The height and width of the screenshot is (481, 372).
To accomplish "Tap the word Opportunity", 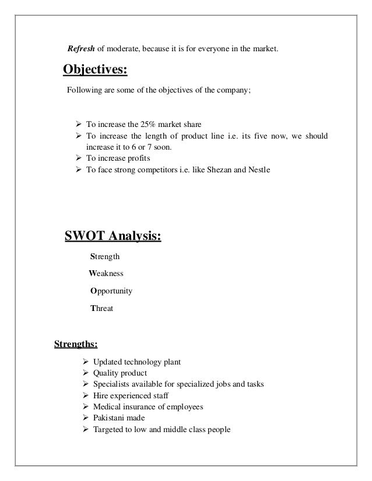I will [x=111, y=291].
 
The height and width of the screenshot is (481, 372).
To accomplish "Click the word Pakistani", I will [x=103, y=418].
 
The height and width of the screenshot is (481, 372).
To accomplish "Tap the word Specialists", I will [x=106, y=384].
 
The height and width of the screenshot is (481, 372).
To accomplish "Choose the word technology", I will [x=140, y=362].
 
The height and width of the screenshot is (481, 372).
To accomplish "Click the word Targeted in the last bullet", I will [x=102, y=430].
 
